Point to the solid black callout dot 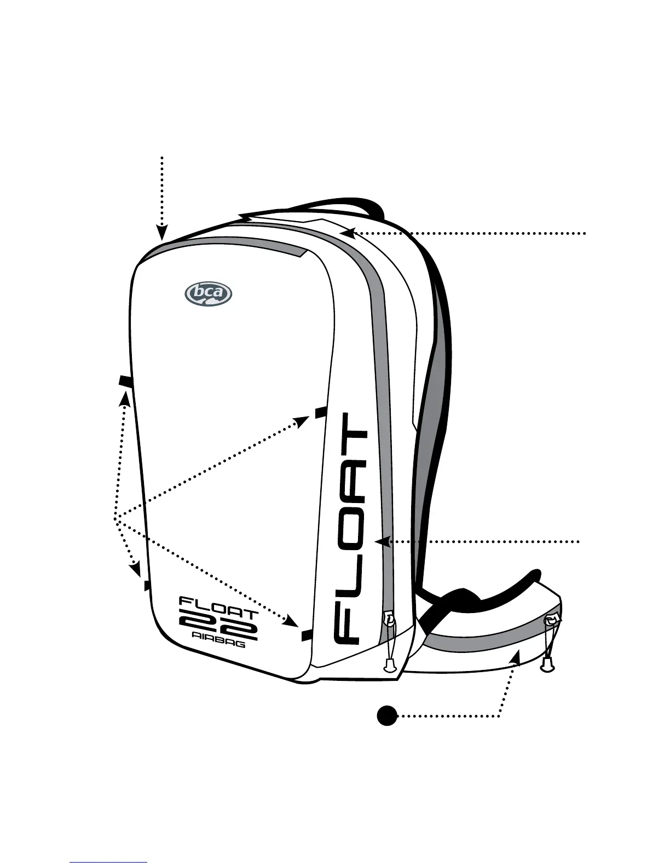[386, 715]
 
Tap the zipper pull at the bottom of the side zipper [390, 619]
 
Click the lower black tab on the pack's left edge [147, 586]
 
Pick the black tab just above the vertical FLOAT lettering [321, 412]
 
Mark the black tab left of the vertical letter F [307, 635]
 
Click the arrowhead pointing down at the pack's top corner [162, 234]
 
